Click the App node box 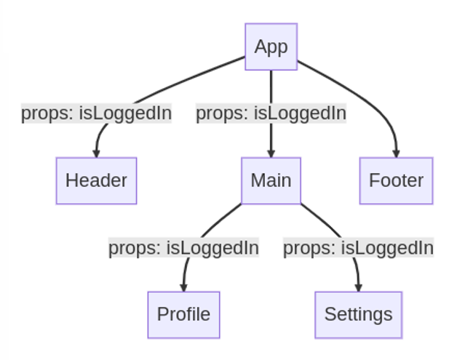click(271, 47)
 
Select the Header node click(96, 181)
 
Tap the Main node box click(271, 181)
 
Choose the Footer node click(396, 181)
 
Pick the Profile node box click(184, 315)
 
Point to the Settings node click(359, 315)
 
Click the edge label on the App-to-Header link click(96, 113)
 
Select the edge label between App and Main click(271, 113)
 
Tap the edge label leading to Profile click(184, 248)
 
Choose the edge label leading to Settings click(359, 248)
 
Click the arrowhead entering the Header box click(96, 153)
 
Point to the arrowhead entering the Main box click(271, 153)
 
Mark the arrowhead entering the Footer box click(396, 153)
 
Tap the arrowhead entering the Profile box click(183, 288)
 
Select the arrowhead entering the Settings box click(359, 288)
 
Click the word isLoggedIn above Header click(125, 113)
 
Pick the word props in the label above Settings click(309, 248)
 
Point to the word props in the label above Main click(222, 113)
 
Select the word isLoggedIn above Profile click(212, 248)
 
